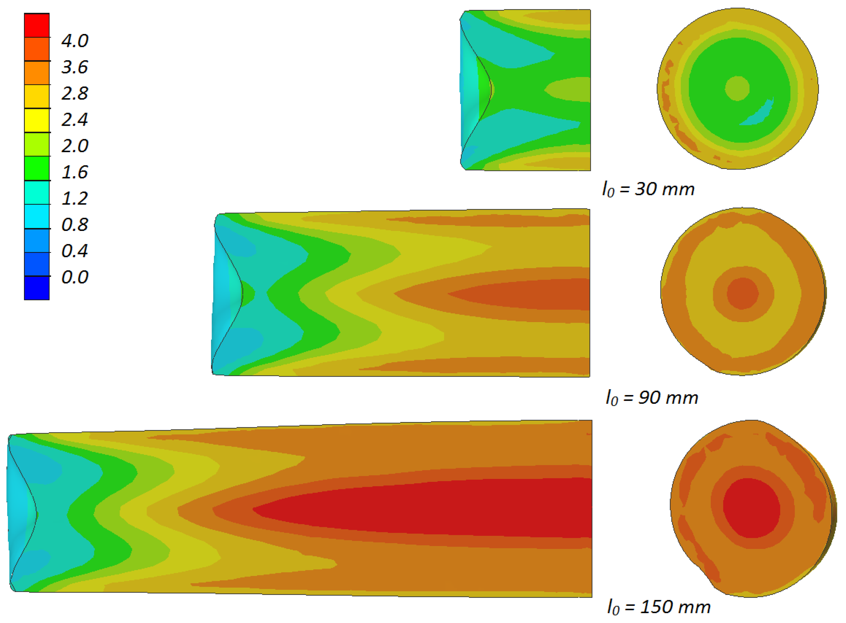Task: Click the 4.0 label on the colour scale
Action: [75, 40]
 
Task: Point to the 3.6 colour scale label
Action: [75, 67]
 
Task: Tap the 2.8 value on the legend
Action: [75, 93]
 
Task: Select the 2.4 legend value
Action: [75, 120]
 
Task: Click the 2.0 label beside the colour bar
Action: [75, 146]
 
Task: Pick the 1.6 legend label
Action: [75, 172]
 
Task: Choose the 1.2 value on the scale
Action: [75, 198]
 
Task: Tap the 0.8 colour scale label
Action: [75, 225]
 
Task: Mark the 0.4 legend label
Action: [75, 251]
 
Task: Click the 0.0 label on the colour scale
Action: [75, 277]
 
